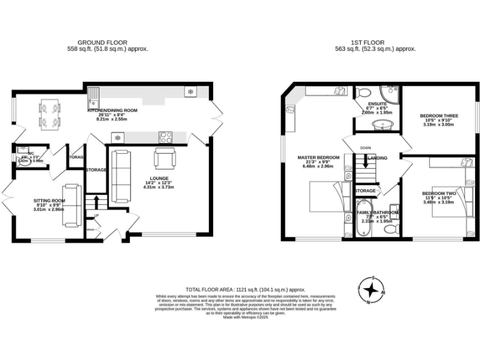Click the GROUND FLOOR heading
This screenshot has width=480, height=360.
point(107,42)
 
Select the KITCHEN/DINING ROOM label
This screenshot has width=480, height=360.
point(112,111)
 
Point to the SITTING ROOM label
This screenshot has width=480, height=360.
point(48,201)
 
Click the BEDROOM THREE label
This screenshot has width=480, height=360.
point(439,116)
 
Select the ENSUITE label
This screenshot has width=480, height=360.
point(377,104)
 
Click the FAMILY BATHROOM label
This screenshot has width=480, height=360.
point(377,213)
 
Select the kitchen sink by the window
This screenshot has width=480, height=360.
point(94,97)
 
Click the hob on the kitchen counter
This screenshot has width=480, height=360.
point(166,137)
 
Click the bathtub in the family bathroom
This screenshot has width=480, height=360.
point(362,219)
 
